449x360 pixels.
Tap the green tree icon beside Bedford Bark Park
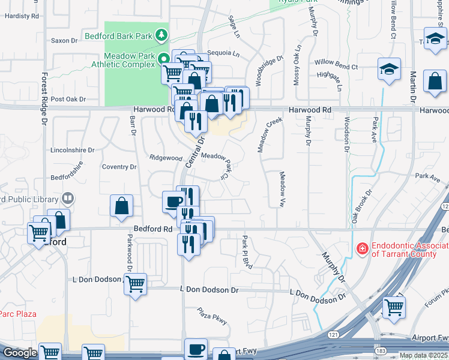click(x=161, y=35)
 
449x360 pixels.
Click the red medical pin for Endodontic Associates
click(x=362, y=248)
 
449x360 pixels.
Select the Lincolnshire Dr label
click(x=73, y=149)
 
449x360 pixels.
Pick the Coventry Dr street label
click(x=119, y=167)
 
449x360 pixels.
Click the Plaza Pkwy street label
click(x=212, y=316)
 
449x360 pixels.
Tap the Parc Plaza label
click(x=17, y=314)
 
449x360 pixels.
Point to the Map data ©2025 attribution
click(x=423, y=355)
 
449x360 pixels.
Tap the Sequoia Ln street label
click(x=223, y=53)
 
